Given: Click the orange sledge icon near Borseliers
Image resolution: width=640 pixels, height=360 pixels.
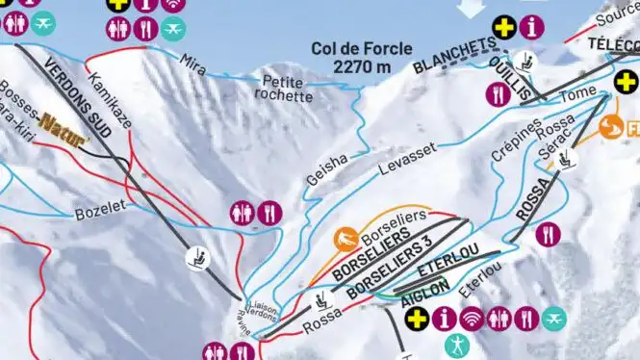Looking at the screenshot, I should point(346,237).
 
